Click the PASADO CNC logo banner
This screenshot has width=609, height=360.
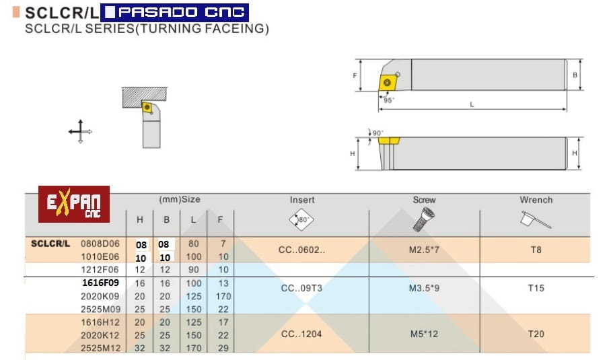[174, 12]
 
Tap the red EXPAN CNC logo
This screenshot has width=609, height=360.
[74, 205]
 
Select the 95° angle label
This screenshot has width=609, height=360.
[389, 100]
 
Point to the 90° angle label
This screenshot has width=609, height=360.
[378, 133]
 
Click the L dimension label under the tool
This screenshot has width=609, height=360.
[472, 104]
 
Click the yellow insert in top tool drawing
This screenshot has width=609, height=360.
[388, 82]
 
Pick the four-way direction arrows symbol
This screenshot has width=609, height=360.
[80, 131]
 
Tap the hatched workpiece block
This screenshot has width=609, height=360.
[145, 97]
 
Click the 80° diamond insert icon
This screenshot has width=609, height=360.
[301, 219]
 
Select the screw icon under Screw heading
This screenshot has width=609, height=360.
[423, 219]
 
